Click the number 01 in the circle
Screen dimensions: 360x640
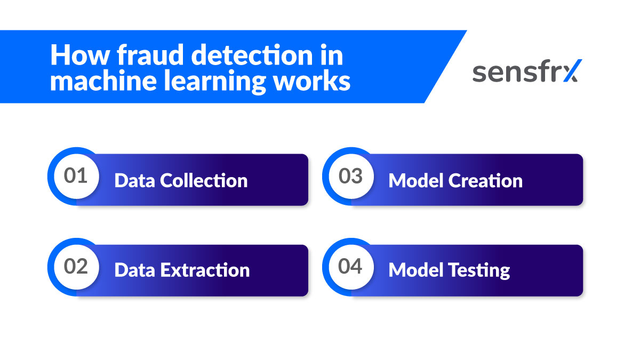75,176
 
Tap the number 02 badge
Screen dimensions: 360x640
75,266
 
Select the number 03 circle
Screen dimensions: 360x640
350,176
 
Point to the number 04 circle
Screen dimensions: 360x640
350,266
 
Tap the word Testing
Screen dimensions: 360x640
479,271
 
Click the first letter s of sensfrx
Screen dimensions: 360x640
479,74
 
